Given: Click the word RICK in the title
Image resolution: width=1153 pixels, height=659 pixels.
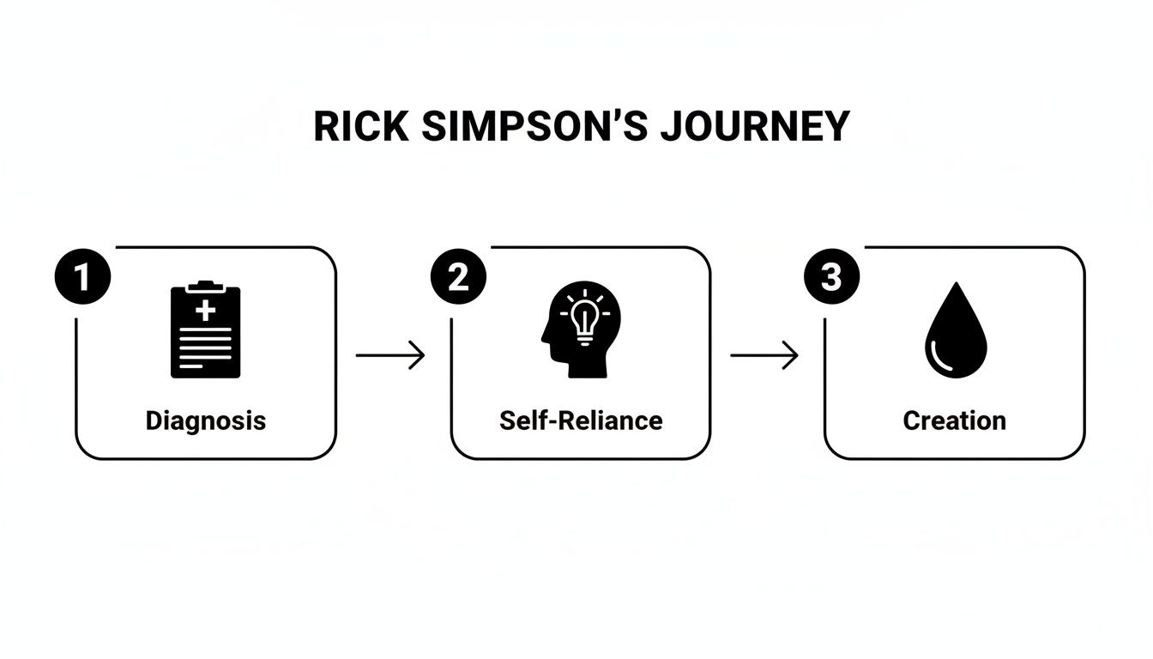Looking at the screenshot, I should [x=360, y=127].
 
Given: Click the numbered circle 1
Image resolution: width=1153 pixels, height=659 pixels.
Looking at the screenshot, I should [x=82, y=278].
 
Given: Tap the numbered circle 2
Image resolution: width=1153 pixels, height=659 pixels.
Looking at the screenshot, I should [x=457, y=278].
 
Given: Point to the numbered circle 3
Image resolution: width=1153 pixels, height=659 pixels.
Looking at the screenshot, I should [x=831, y=278].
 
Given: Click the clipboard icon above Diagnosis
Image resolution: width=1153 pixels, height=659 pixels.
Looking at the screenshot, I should [x=206, y=329].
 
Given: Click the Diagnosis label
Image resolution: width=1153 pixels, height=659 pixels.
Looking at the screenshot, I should [x=206, y=420].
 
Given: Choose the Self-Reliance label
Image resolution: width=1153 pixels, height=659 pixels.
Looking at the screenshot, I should [x=581, y=420].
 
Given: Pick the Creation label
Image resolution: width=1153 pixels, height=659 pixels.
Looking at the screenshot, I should [x=955, y=420].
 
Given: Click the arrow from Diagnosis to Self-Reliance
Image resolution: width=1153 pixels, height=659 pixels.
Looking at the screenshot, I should [x=390, y=355].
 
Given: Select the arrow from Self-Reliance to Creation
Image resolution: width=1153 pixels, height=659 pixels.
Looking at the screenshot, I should [x=764, y=355].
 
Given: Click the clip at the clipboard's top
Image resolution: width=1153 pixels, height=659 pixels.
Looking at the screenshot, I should [x=206, y=285].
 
